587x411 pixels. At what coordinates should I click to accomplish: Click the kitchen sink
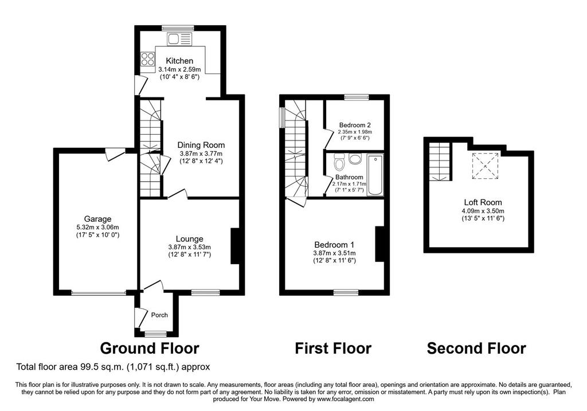[x=179, y=38]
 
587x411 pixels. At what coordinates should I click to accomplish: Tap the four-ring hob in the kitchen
[x=147, y=60]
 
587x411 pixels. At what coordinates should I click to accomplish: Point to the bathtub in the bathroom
[x=375, y=175]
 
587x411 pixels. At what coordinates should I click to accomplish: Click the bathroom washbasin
[x=354, y=159]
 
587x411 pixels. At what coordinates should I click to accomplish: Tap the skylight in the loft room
[x=485, y=166]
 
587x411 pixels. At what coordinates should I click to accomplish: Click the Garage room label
[x=97, y=219]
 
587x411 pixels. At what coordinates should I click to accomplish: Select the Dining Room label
[x=201, y=145]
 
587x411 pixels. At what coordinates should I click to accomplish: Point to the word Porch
[x=159, y=315]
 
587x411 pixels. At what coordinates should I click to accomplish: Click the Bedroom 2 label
[x=355, y=125]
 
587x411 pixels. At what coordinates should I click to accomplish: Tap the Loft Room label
[x=483, y=202]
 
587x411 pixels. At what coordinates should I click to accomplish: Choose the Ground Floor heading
[x=150, y=349]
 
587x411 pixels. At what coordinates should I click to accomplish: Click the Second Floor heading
[x=476, y=349]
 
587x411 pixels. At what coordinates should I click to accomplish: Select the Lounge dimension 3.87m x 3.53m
[x=189, y=247]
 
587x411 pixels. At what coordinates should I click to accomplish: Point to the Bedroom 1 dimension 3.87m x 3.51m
[x=334, y=253]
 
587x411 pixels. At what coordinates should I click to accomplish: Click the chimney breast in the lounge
[x=234, y=246]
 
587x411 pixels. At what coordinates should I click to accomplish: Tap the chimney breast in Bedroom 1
[x=379, y=244]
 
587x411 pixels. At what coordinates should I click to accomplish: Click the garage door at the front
[x=99, y=293]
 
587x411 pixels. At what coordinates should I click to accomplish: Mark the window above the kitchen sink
[x=178, y=28]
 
